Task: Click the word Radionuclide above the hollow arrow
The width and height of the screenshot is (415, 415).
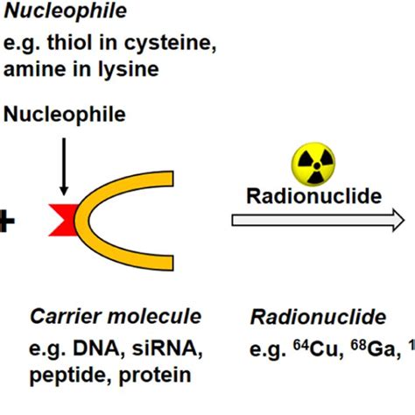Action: (x=313, y=195)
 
